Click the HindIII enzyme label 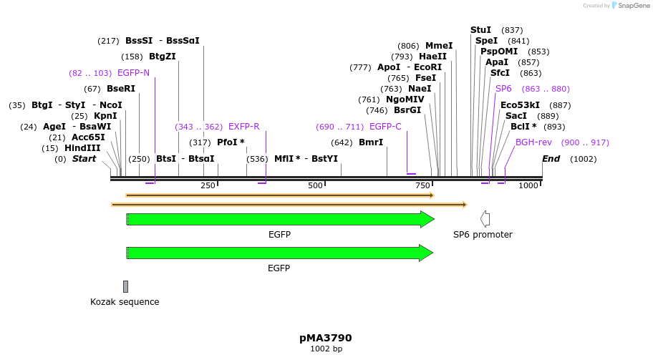82,148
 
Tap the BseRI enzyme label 120,89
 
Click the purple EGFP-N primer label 133,73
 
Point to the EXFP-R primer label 243,127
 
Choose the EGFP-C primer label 385,127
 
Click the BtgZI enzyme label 163,57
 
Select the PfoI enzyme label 231,142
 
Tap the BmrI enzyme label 371,142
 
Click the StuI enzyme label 480,30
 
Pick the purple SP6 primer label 503,89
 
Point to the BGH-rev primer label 533,142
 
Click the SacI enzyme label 516,116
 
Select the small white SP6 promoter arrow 485,219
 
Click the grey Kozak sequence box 125,286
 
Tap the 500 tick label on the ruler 315,185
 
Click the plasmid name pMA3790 326,338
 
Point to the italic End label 551,159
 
